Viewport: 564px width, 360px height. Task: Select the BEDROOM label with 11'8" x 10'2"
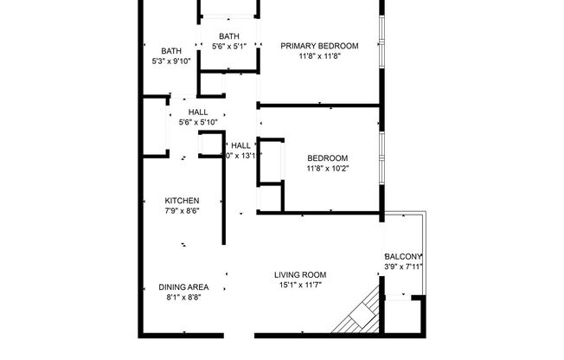point(328,158)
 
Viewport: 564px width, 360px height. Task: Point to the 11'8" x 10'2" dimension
point(328,170)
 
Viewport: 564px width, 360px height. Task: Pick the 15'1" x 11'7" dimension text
point(301,286)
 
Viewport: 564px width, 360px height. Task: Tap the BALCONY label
point(403,257)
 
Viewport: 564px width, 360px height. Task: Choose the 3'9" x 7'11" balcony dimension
point(403,267)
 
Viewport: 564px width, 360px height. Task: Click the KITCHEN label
point(183,200)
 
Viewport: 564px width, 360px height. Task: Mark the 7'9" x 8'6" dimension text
point(183,211)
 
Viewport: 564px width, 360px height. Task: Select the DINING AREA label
point(183,286)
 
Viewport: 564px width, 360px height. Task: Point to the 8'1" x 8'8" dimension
point(183,298)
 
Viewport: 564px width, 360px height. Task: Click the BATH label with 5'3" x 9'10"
point(171,51)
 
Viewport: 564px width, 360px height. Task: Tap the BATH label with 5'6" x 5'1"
point(229,35)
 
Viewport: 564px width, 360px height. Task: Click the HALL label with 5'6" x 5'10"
point(197,112)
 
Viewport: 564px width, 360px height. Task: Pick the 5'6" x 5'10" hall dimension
point(197,123)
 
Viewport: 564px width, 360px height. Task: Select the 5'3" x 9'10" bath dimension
point(171,61)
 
